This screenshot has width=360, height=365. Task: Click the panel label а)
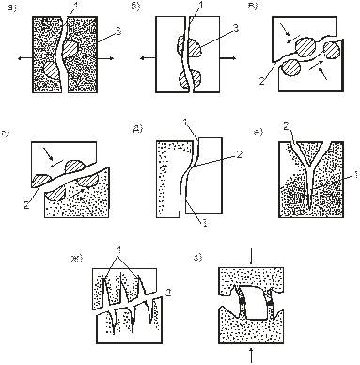(11, 8)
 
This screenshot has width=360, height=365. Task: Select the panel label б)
(135, 8)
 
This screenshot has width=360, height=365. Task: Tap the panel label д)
(138, 129)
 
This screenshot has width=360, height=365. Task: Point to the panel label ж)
(77, 259)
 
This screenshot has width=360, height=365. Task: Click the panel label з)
(198, 258)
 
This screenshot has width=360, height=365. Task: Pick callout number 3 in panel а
(118, 31)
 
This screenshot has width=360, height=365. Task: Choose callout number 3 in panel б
(236, 28)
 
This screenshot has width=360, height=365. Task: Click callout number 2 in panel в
(262, 81)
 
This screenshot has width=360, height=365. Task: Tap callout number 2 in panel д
(239, 154)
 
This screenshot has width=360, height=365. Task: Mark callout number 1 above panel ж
(118, 251)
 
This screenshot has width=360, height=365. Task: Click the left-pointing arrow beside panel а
(25, 58)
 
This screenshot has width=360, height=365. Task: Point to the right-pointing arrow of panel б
(227, 58)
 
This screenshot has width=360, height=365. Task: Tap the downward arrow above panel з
(251, 260)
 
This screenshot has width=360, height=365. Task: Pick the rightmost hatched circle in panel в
(332, 50)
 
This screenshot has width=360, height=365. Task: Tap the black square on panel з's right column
(270, 303)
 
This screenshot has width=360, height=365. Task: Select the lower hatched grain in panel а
(51, 71)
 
